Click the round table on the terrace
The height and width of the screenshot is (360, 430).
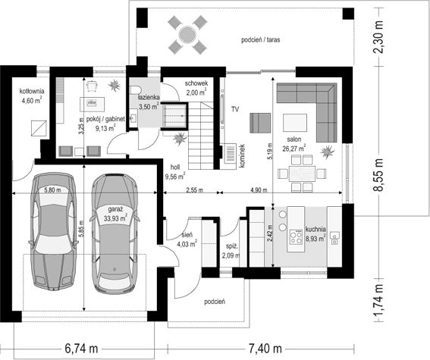(x=187, y=35)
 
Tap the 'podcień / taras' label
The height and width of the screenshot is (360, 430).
(x=261, y=40)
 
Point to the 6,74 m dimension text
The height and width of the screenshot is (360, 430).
(x=81, y=349)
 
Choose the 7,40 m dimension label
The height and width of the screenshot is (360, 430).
(x=265, y=349)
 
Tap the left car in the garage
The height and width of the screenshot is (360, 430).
(x=52, y=230)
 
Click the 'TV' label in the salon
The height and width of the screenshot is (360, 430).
(x=235, y=110)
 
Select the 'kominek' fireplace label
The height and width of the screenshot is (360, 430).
(x=242, y=156)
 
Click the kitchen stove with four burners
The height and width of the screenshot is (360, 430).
(x=296, y=237)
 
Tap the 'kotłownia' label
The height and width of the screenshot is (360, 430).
(x=32, y=91)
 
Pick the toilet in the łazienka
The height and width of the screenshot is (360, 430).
(x=135, y=90)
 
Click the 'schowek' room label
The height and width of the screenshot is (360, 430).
(x=196, y=83)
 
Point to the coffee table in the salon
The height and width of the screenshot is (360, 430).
(x=295, y=123)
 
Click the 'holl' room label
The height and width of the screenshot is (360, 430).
(x=175, y=167)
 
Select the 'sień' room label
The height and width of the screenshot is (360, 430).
(x=187, y=235)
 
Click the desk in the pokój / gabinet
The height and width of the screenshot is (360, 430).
(x=93, y=104)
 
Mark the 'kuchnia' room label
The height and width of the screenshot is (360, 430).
(x=315, y=230)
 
